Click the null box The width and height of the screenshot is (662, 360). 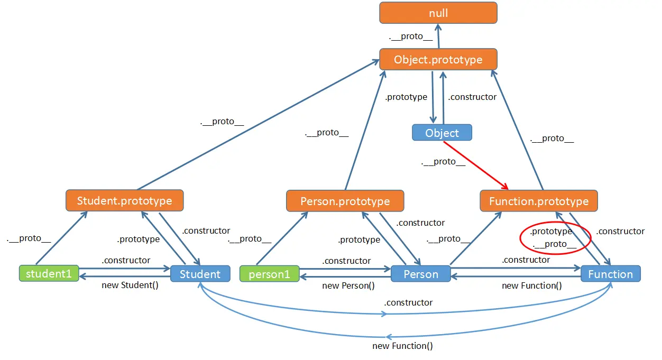(x=438, y=13)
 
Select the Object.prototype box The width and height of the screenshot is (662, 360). (x=438, y=59)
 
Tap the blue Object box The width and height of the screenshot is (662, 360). (x=442, y=133)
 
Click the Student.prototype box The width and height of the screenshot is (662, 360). (x=124, y=200)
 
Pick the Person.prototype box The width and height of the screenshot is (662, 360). (x=345, y=201)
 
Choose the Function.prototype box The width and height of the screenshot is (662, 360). (x=539, y=201)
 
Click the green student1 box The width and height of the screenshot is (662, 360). (x=49, y=273)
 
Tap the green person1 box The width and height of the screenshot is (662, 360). (x=269, y=274)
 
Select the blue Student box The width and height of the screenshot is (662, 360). (x=200, y=274)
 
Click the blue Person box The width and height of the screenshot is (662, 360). (x=420, y=274)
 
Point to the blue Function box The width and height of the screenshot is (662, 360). (x=611, y=274)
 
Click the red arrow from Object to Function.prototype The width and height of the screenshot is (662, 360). (x=475, y=165)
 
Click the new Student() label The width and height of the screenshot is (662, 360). (x=130, y=285)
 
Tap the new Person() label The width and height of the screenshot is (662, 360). (x=348, y=286)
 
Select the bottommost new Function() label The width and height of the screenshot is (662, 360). (x=402, y=346)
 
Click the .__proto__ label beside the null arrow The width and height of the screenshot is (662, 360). (x=410, y=36)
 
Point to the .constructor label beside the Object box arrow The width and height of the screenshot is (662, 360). (x=472, y=97)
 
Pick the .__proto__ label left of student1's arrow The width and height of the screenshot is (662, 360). (x=29, y=238)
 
